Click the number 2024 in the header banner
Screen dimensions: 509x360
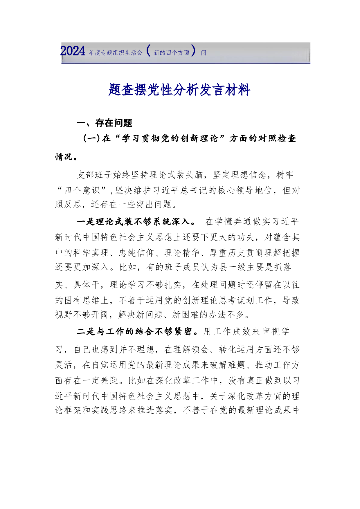coord(73,51)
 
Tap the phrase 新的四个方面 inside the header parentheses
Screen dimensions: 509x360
coord(171,53)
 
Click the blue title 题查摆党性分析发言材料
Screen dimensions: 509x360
coord(179,90)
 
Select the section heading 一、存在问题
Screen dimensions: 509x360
coord(104,123)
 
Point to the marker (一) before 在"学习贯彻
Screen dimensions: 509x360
coord(91,138)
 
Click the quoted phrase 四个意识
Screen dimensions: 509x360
coord(82,190)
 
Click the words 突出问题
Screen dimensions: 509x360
coord(154,205)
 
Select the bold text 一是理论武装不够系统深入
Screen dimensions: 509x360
coord(136,222)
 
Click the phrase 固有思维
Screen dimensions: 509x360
coord(82,300)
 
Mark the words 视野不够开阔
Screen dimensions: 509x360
coord(82,315)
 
